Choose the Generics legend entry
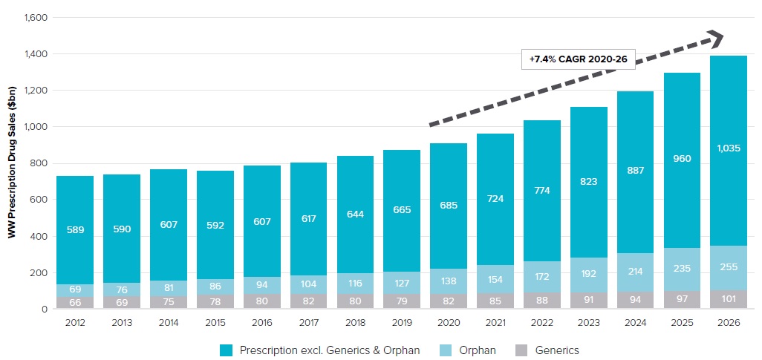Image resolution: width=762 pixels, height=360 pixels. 549,350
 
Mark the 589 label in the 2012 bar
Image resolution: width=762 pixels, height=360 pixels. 74,230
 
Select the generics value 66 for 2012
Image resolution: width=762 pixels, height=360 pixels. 74,301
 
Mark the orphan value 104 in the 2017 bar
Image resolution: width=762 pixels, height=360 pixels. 307,284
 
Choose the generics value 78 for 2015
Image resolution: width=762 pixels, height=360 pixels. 215,301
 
